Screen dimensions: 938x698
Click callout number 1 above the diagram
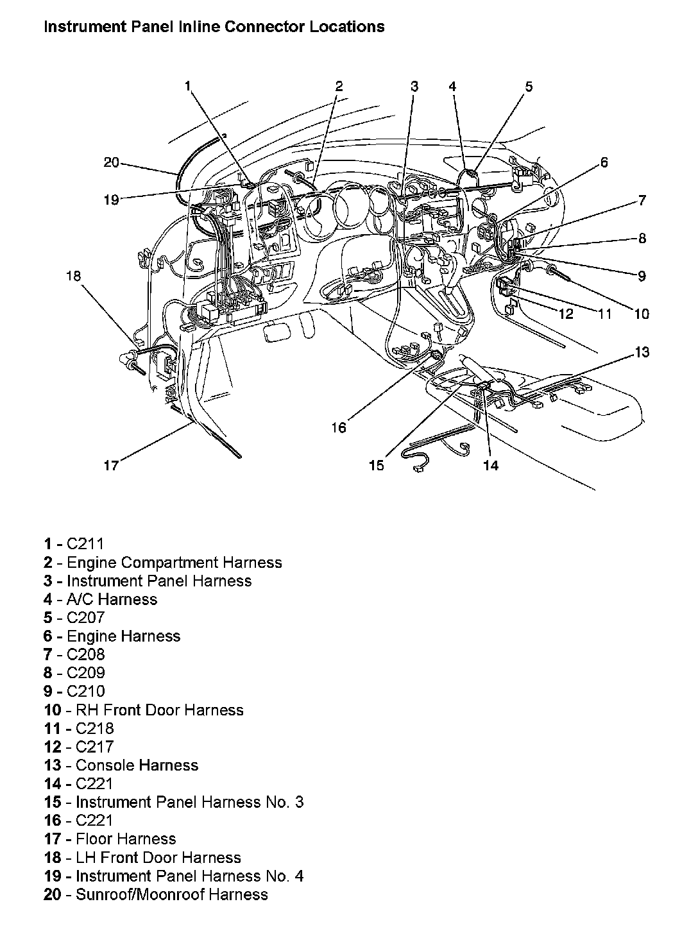click(188, 86)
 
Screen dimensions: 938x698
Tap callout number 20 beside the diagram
click(112, 162)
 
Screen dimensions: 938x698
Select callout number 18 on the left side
click(74, 276)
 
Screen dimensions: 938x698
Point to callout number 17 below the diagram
click(112, 465)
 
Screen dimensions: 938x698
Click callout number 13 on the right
click(642, 352)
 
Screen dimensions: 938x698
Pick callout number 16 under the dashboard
click(339, 427)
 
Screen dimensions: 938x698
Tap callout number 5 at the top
click(529, 86)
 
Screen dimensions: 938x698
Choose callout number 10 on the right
click(642, 314)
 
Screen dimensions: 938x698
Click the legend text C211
click(85, 544)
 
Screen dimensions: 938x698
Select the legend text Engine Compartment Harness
click(174, 563)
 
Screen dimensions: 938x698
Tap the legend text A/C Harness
click(112, 599)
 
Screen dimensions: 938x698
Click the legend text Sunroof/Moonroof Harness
click(171, 894)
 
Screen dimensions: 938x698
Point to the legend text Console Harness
click(137, 765)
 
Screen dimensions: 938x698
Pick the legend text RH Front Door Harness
click(159, 710)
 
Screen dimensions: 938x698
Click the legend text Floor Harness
click(125, 839)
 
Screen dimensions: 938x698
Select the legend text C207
click(85, 618)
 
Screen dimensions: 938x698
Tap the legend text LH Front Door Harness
click(158, 857)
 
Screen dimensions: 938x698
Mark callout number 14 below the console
click(490, 465)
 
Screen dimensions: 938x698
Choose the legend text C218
click(94, 728)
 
